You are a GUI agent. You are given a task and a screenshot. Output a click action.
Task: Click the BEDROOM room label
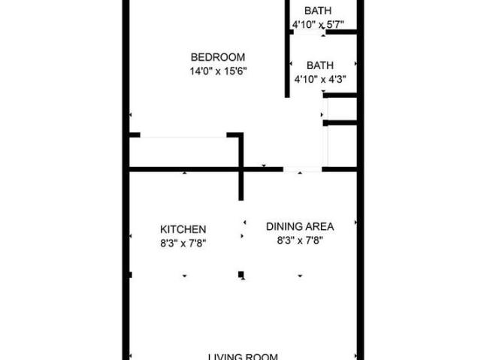[217, 57]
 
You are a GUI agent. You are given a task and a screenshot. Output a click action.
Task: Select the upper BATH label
[319, 11]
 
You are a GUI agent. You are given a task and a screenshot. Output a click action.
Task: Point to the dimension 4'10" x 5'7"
[319, 25]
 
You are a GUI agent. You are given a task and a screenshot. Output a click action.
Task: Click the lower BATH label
[319, 65]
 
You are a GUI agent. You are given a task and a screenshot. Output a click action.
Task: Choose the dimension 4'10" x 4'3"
[319, 78]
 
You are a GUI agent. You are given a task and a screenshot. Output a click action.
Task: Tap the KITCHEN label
[183, 229]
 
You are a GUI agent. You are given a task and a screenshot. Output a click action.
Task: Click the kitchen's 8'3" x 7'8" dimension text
[183, 242]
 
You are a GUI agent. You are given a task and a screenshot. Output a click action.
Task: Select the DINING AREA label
[300, 225]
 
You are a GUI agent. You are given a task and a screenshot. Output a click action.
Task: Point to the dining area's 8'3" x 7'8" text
[300, 241]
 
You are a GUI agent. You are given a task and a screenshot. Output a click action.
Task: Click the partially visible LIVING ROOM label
[243, 356]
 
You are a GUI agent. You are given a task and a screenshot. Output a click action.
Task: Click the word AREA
[319, 225]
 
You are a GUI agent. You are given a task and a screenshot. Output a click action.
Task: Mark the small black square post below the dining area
[240, 274]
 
